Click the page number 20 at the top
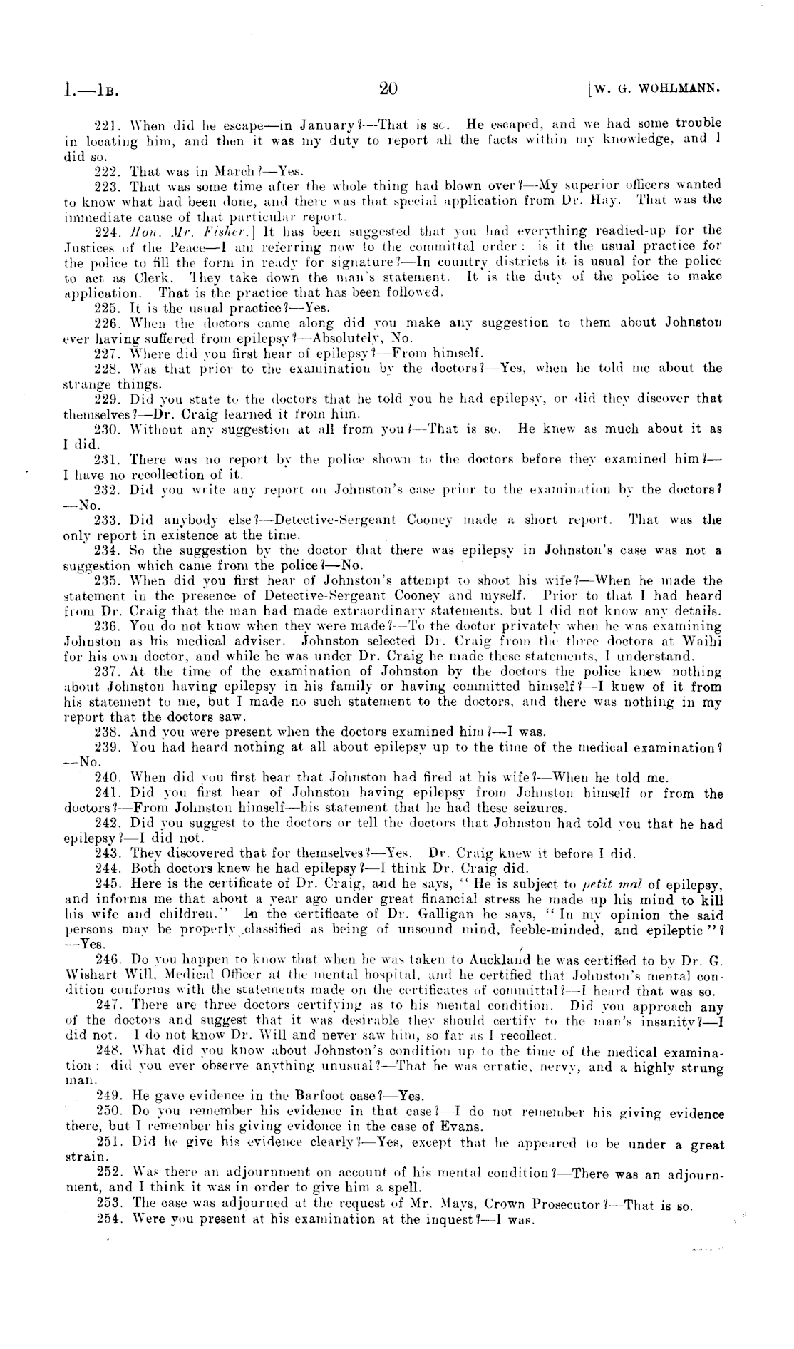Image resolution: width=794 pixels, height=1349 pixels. pos(388,89)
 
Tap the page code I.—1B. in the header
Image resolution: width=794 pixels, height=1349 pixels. pos(89,91)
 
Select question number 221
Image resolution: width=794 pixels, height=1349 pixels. pos(105,124)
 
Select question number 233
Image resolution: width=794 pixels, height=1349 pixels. pos(105,520)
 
